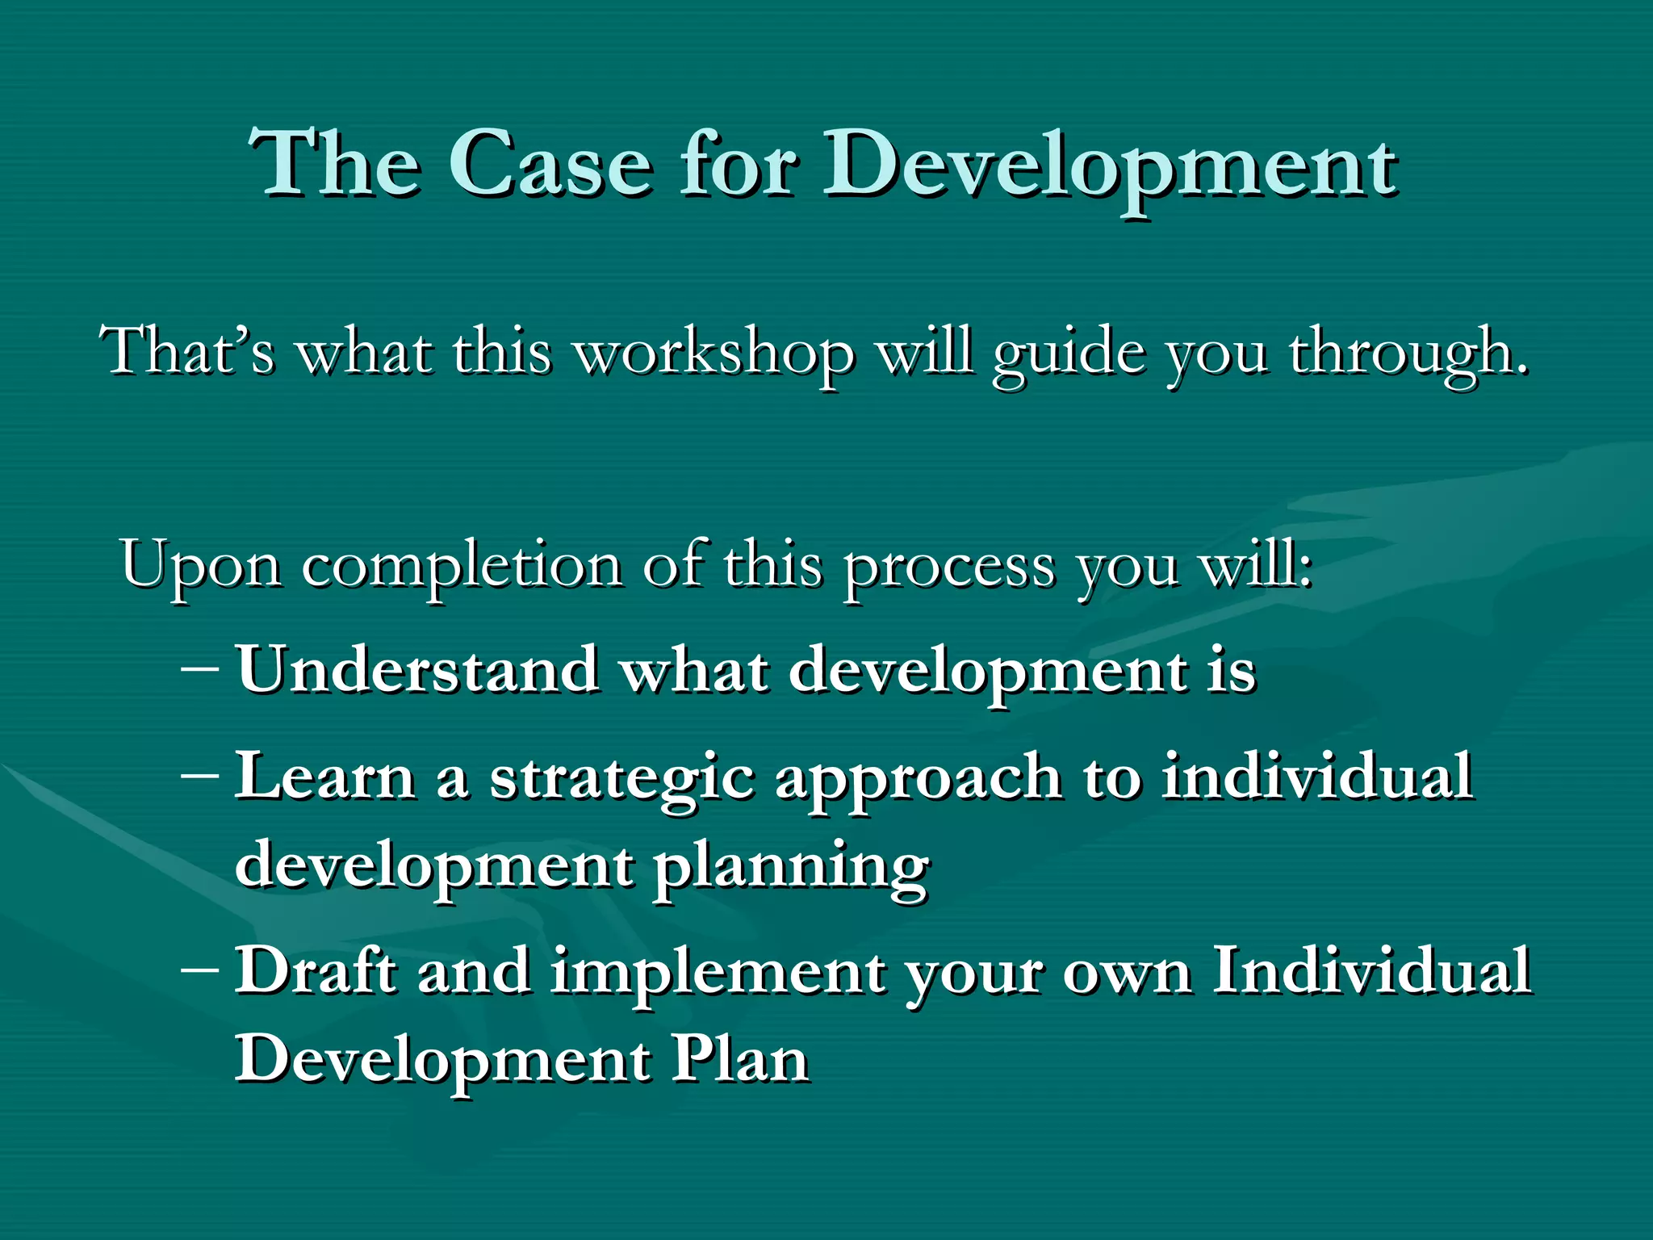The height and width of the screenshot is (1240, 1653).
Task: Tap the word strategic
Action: (621, 777)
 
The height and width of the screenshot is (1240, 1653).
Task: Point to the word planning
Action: (791, 866)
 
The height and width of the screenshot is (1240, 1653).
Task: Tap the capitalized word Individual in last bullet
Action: (1371, 970)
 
